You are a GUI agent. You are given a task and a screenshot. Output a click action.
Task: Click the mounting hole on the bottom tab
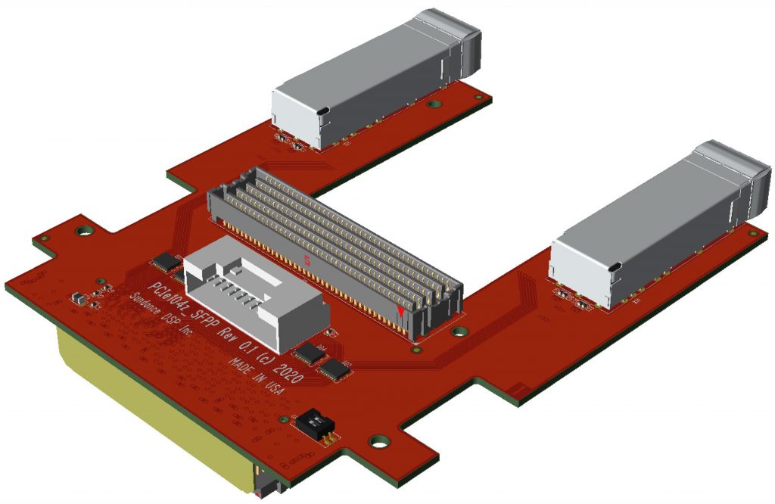click(x=376, y=441)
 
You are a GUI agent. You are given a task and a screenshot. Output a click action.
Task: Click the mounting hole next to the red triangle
click(x=456, y=331)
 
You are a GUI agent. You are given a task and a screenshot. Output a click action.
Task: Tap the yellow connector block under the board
click(x=151, y=409)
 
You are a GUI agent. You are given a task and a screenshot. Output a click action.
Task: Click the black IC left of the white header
click(x=164, y=263)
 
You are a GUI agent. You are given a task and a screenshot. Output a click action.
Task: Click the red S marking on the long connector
click(x=307, y=261)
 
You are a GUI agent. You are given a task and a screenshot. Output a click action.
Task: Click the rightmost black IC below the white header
click(x=334, y=369)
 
